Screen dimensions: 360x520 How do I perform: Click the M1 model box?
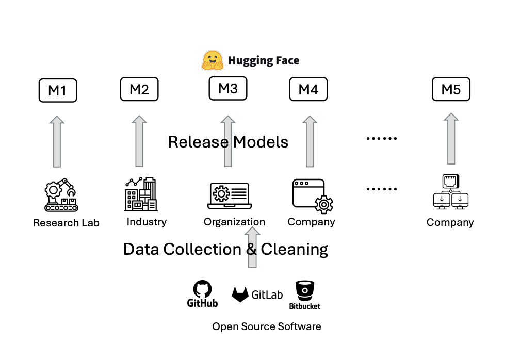58,90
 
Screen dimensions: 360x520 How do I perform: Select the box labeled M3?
228,89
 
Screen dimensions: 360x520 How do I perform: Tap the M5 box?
451,90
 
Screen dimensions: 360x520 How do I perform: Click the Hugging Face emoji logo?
212,60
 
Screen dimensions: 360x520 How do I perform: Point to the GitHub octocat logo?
202,290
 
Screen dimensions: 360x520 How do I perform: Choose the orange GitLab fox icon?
240,294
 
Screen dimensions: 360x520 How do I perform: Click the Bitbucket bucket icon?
304,290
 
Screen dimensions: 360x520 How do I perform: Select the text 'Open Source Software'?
266,326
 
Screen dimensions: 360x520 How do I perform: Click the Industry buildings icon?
141,194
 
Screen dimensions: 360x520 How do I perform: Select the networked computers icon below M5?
451,192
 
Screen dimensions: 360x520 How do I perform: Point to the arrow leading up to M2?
139,141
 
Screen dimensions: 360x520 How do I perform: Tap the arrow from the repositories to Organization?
252,248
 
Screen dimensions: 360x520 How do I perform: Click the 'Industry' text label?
147,222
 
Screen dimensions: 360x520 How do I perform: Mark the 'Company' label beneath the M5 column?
450,223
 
